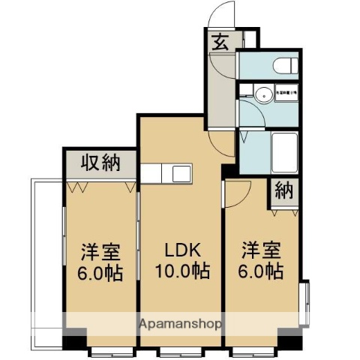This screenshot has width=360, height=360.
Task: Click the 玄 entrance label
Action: (x=221, y=43)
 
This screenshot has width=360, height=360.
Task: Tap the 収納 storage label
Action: (x=100, y=161)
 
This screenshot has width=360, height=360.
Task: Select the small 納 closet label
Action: (x=282, y=190)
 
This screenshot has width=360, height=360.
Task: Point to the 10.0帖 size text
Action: (x=181, y=271)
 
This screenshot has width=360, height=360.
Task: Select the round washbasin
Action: (x=262, y=95)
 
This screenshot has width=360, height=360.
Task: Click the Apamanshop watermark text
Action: (x=179, y=325)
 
